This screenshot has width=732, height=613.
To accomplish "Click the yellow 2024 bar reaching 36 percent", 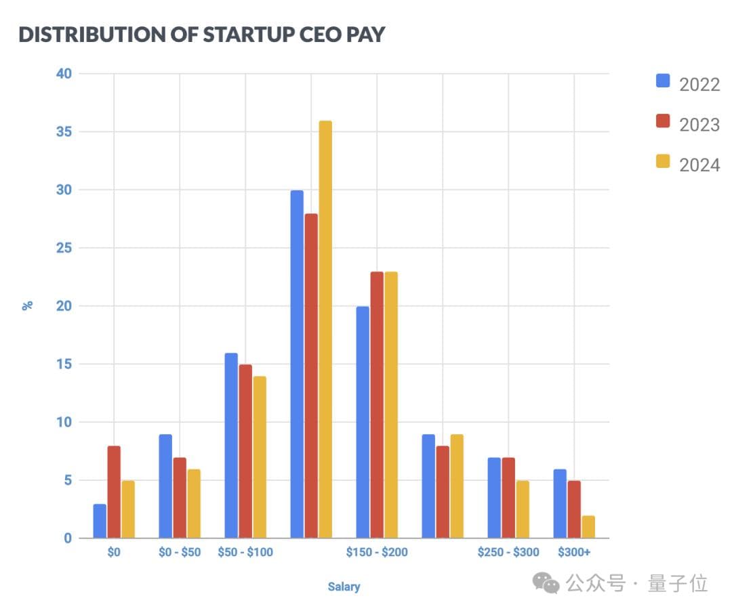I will (x=325, y=329).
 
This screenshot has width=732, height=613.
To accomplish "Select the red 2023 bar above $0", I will (x=114, y=492).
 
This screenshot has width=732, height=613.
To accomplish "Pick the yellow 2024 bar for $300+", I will (x=588, y=526).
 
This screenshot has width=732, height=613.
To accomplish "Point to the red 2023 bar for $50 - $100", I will (x=245, y=451).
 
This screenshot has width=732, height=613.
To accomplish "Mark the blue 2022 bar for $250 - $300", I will (x=494, y=498).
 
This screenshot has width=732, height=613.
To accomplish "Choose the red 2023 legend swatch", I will (x=663, y=122).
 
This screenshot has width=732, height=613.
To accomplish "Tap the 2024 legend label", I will (x=699, y=164).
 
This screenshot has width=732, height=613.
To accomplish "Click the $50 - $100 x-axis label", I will (x=245, y=552).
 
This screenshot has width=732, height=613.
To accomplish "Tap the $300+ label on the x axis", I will (x=574, y=552).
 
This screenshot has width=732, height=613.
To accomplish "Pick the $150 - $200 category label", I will (x=377, y=552).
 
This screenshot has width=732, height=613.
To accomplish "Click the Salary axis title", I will (x=344, y=587).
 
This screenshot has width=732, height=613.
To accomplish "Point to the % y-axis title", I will (x=28, y=305).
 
